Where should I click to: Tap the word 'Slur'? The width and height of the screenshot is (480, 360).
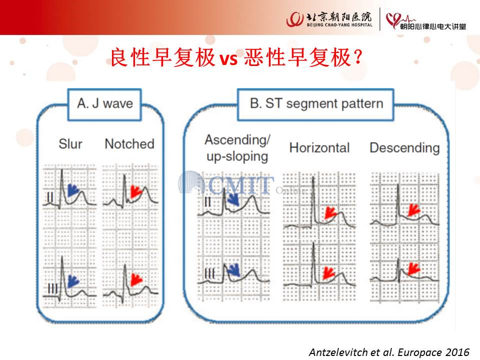click(x=70, y=144)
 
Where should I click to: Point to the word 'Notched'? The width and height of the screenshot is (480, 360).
click(x=129, y=144)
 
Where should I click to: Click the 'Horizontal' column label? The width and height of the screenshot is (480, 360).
click(x=319, y=148)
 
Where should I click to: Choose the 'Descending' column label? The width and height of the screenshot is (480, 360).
click(x=404, y=148)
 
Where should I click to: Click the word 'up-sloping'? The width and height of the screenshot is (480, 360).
click(x=237, y=156)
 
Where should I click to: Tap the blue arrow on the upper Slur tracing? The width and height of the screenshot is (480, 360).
click(x=73, y=190)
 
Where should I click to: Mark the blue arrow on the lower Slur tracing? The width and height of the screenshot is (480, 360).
click(x=73, y=281)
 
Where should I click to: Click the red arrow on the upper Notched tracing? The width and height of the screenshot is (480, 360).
click(x=136, y=191)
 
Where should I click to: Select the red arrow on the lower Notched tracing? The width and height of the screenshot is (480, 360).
click(x=136, y=279)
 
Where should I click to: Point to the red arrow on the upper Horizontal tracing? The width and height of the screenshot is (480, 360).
click(x=330, y=212)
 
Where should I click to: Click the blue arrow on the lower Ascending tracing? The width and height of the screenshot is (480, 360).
click(x=233, y=270)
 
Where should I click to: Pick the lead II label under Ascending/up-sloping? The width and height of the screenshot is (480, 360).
click(x=207, y=201)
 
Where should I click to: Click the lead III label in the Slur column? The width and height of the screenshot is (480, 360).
click(x=52, y=288)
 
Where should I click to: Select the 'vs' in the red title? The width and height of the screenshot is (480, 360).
click(x=228, y=58)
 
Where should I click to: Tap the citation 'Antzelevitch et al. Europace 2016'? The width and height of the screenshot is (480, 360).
click(x=389, y=352)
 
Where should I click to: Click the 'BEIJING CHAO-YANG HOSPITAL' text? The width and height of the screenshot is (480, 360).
click(x=339, y=25)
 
